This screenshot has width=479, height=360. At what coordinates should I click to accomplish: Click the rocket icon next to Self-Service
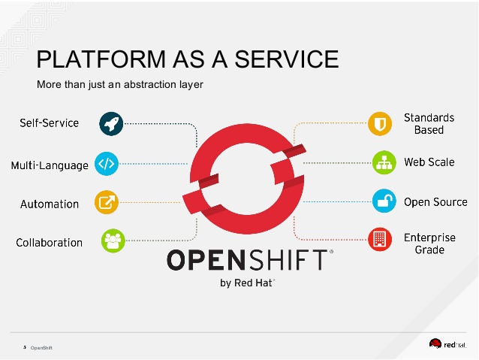click(x=110, y=123)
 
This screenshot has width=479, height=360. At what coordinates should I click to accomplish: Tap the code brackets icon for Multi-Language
click(x=107, y=163)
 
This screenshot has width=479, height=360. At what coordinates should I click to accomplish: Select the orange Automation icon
click(x=106, y=202)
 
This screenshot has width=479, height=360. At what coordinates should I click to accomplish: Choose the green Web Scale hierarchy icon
click(x=384, y=162)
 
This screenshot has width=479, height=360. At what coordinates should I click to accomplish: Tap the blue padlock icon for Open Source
click(x=384, y=201)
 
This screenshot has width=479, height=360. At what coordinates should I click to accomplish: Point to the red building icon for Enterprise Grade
click(x=380, y=241)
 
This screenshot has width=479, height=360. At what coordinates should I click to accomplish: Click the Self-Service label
click(x=49, y=123)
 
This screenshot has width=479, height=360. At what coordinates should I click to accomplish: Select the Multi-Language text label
click(x=50, y=165)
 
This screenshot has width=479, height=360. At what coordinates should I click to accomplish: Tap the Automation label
click(x=50, y=204)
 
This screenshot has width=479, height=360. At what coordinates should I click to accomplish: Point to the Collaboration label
click(x=49, y=243)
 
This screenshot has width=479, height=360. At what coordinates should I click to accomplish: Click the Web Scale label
click(x=429, y=162)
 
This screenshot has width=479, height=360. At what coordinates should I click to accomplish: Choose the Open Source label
click(x=435, y=201)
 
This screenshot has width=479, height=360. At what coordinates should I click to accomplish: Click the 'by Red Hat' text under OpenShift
click(x=247, y=283)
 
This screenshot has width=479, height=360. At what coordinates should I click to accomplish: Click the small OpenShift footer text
click(x=41, y=348)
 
